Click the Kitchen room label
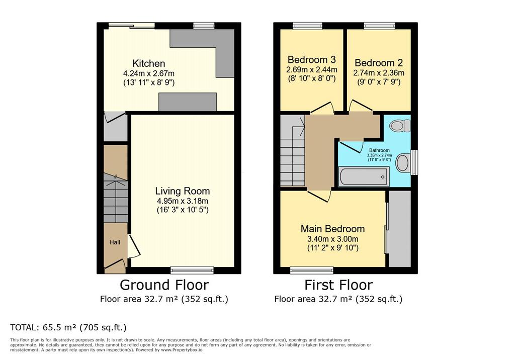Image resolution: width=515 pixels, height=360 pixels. (x=148, y=63)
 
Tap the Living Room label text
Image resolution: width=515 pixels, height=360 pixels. (x=182, y=191)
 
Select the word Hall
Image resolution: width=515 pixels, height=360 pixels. (x=115, y=242)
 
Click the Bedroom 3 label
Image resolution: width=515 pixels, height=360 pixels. (x=311, y=59)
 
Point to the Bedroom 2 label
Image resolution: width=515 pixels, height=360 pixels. (x=379, y=63)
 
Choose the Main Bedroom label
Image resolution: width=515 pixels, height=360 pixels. (x=332, y=229)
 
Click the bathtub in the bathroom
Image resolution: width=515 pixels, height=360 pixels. (x=364, y=176)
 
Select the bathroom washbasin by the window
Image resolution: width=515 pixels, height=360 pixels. (x=403, y=163)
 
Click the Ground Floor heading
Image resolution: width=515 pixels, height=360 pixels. (x=164, y=285)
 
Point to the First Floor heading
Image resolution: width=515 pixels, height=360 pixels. (x=338, y=285)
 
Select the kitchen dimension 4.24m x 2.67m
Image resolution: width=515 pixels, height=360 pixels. (x=148, y=73)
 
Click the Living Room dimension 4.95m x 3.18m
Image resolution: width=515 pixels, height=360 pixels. (x=182, y=201)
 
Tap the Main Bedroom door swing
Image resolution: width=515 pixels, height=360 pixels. (x=319, y=196)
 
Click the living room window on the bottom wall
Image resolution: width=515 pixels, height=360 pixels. (x=192, y=271)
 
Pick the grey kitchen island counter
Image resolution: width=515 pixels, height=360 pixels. (x=188, y=102)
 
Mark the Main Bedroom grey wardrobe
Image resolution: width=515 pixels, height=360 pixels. (x=400, y=229)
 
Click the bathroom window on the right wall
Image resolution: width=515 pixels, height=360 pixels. (x=414, y=162)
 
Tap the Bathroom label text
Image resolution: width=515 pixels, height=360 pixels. (x=379, y=150)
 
